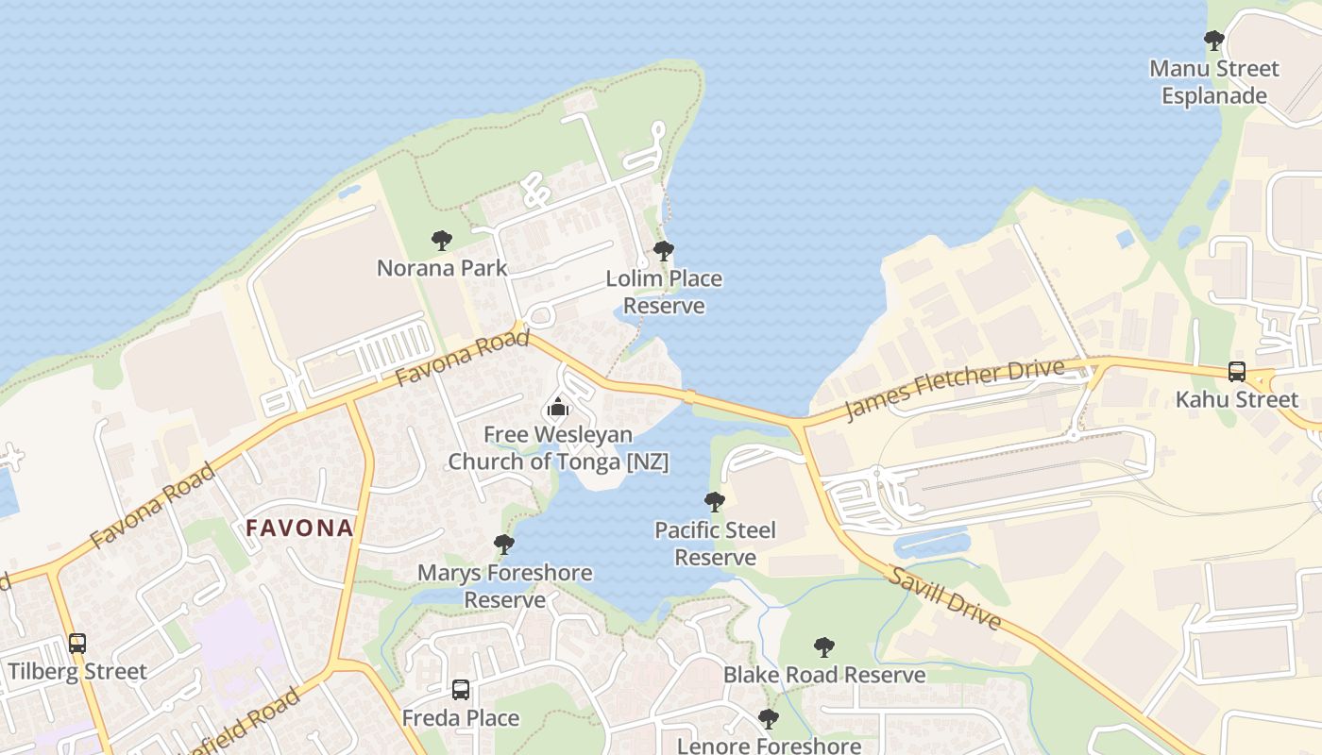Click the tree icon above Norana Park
(x=441, y=241)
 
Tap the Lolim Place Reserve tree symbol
(x=664, y=251)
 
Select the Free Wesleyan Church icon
(x=558, y=408)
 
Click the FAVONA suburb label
(x=299, y=528)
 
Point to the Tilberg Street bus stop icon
(x=77, y=644)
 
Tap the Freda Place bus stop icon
(x=461, y=690)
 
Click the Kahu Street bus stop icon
(x=1236, y=372)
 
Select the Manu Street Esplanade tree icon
(x=1213, y=41)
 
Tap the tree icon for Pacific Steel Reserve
(x=715, y=502)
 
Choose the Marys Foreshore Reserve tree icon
(x=504, y=545)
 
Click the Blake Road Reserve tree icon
(x=824, y=647)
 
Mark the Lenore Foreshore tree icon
(x=769, y=719)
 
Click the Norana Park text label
(x=442, y=268)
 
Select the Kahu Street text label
(x=1236, y=399)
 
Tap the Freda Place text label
(x=461, y=718)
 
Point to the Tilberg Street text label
(x=77, y=672)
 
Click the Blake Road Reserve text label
(x=824, y=676)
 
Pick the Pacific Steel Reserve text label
(x=715, y=544)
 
